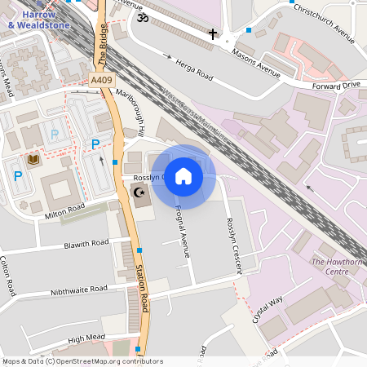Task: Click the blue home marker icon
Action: pos(183,176)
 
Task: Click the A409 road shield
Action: pos(102,81)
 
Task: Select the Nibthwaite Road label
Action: pos(79,290)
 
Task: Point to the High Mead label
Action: pos(86,338)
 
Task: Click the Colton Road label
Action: pos(9,277)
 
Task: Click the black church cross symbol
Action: pos(214,34)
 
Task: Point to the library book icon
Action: pos(33,158)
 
